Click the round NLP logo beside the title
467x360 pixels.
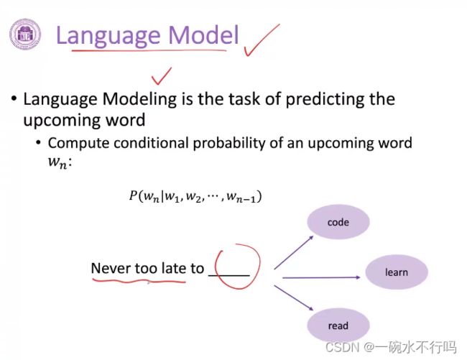25,34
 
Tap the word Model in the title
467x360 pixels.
204,35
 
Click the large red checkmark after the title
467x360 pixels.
262,40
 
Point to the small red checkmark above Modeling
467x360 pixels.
161,76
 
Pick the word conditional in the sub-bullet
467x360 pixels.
151,143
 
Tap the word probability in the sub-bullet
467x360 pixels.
228,144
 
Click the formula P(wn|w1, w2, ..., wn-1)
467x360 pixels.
195,196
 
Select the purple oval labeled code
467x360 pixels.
338,222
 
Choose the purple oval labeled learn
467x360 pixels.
397,272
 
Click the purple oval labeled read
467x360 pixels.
338,326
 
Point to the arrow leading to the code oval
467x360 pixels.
294,252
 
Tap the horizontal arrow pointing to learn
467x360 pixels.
321,277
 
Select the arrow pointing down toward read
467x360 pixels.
294,297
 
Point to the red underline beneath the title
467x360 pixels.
149,50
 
